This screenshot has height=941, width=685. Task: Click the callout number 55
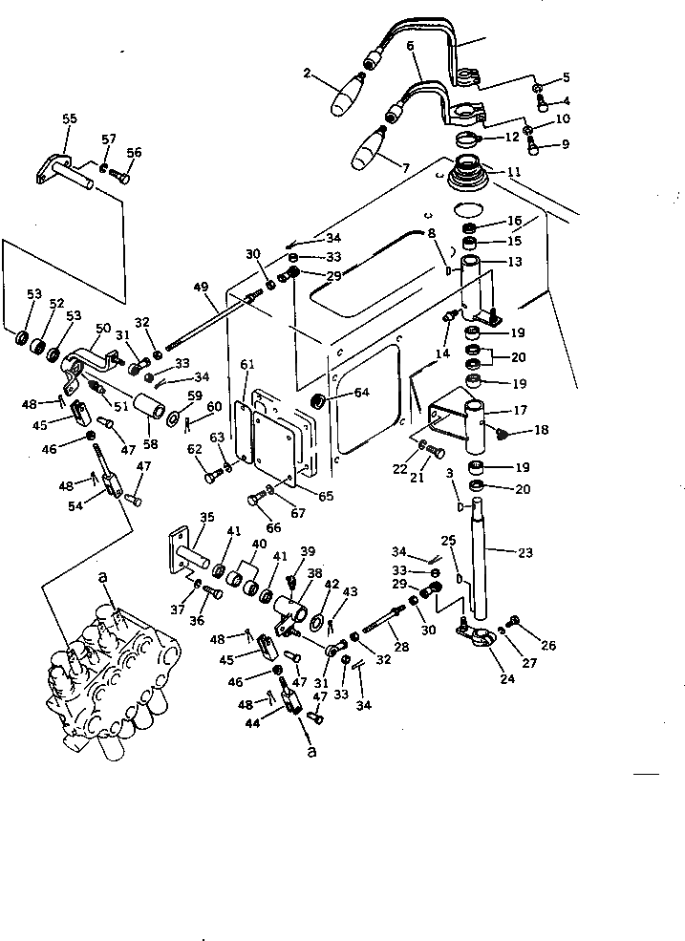click(69, 118)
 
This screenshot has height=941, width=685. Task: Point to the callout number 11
click(513, 173)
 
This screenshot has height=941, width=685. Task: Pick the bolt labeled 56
click(119, 176)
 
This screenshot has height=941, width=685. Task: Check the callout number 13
click(515, 262)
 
